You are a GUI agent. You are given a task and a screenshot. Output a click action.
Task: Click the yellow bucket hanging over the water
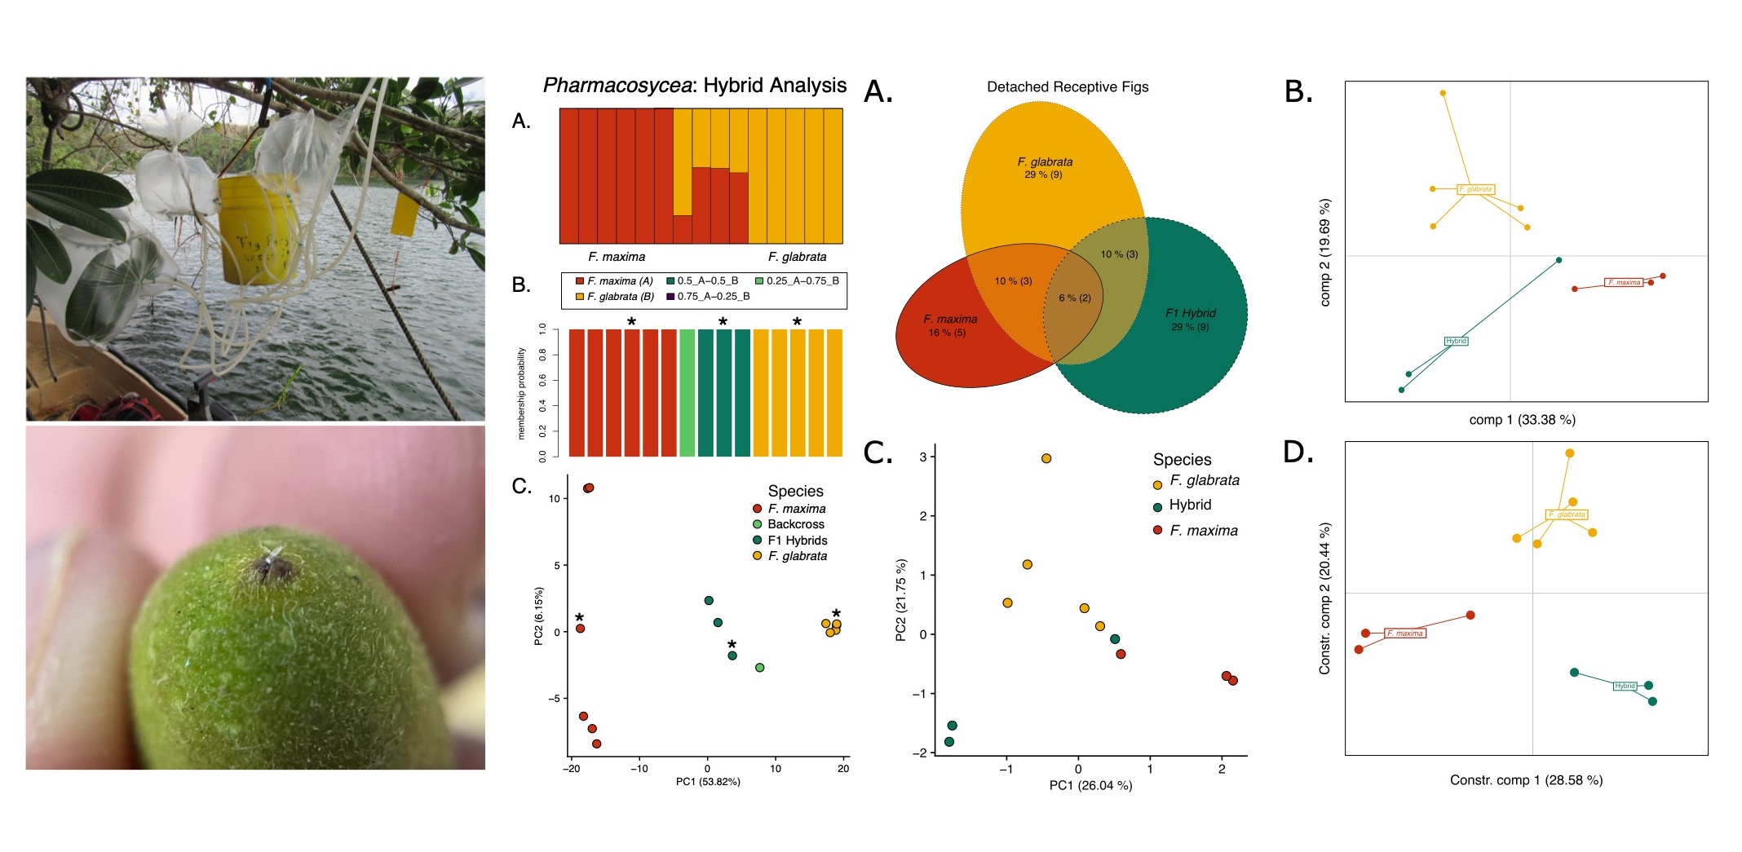(x=247, y=230)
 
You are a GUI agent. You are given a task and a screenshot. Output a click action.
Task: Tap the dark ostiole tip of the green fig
(x=271, y=566)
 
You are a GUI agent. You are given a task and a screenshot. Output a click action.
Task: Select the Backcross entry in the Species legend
(x=795, y=524)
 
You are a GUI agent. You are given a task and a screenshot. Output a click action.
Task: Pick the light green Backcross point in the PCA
(x=759, y=668)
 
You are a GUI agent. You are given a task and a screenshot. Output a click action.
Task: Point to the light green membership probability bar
(x=687, y=393)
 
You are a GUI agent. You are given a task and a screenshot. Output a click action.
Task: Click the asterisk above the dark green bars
(x=723, y=323)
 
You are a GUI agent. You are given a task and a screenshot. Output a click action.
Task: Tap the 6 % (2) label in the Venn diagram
(x=1074, y=298)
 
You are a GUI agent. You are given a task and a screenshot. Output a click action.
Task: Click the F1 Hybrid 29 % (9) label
(x=1190, y=320)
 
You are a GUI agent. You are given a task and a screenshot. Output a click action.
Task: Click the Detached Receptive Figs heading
(x=1067, y=87)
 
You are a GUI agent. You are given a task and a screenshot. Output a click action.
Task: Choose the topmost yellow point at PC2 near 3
(x=1046, y=458)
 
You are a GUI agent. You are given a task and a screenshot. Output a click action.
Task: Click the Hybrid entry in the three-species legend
(x=1189, y=505)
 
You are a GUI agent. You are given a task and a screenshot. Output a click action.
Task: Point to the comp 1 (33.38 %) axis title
(x=1522, y=420)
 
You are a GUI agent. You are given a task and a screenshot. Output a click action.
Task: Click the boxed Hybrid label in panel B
(x=1456, y=341)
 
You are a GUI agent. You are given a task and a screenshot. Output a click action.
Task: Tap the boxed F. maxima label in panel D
(x=1405, y=633)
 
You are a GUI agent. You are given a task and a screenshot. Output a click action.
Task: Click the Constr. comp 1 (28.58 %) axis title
(x=1526, y=780)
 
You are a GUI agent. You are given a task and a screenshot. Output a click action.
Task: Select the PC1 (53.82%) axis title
(x=708, y=782)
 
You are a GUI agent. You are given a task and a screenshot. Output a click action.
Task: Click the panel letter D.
(x=1297, y=452)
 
